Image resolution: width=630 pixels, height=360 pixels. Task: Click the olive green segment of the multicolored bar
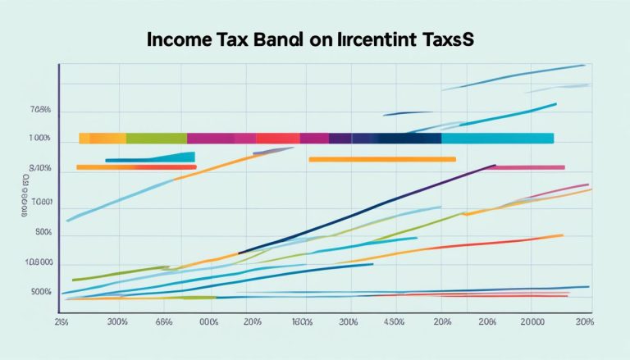[x=157, y=138]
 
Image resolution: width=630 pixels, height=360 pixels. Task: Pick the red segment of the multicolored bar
[x=279, y=138]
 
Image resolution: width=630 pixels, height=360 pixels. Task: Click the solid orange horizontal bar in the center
[x=381, y=159]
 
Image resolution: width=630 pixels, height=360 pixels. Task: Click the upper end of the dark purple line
[x=493, y=166]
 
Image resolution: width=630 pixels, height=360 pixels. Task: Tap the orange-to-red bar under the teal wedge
[x=136, y=167]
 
